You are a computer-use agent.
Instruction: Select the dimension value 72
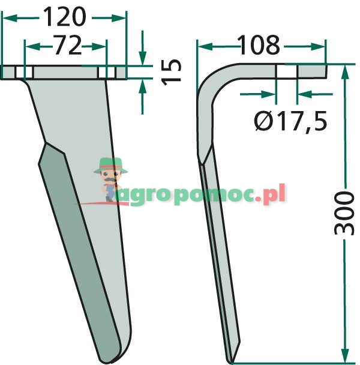[66, 46]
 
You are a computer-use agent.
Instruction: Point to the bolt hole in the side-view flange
[286, 71]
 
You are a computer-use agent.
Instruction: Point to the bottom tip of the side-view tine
[230, 360]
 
